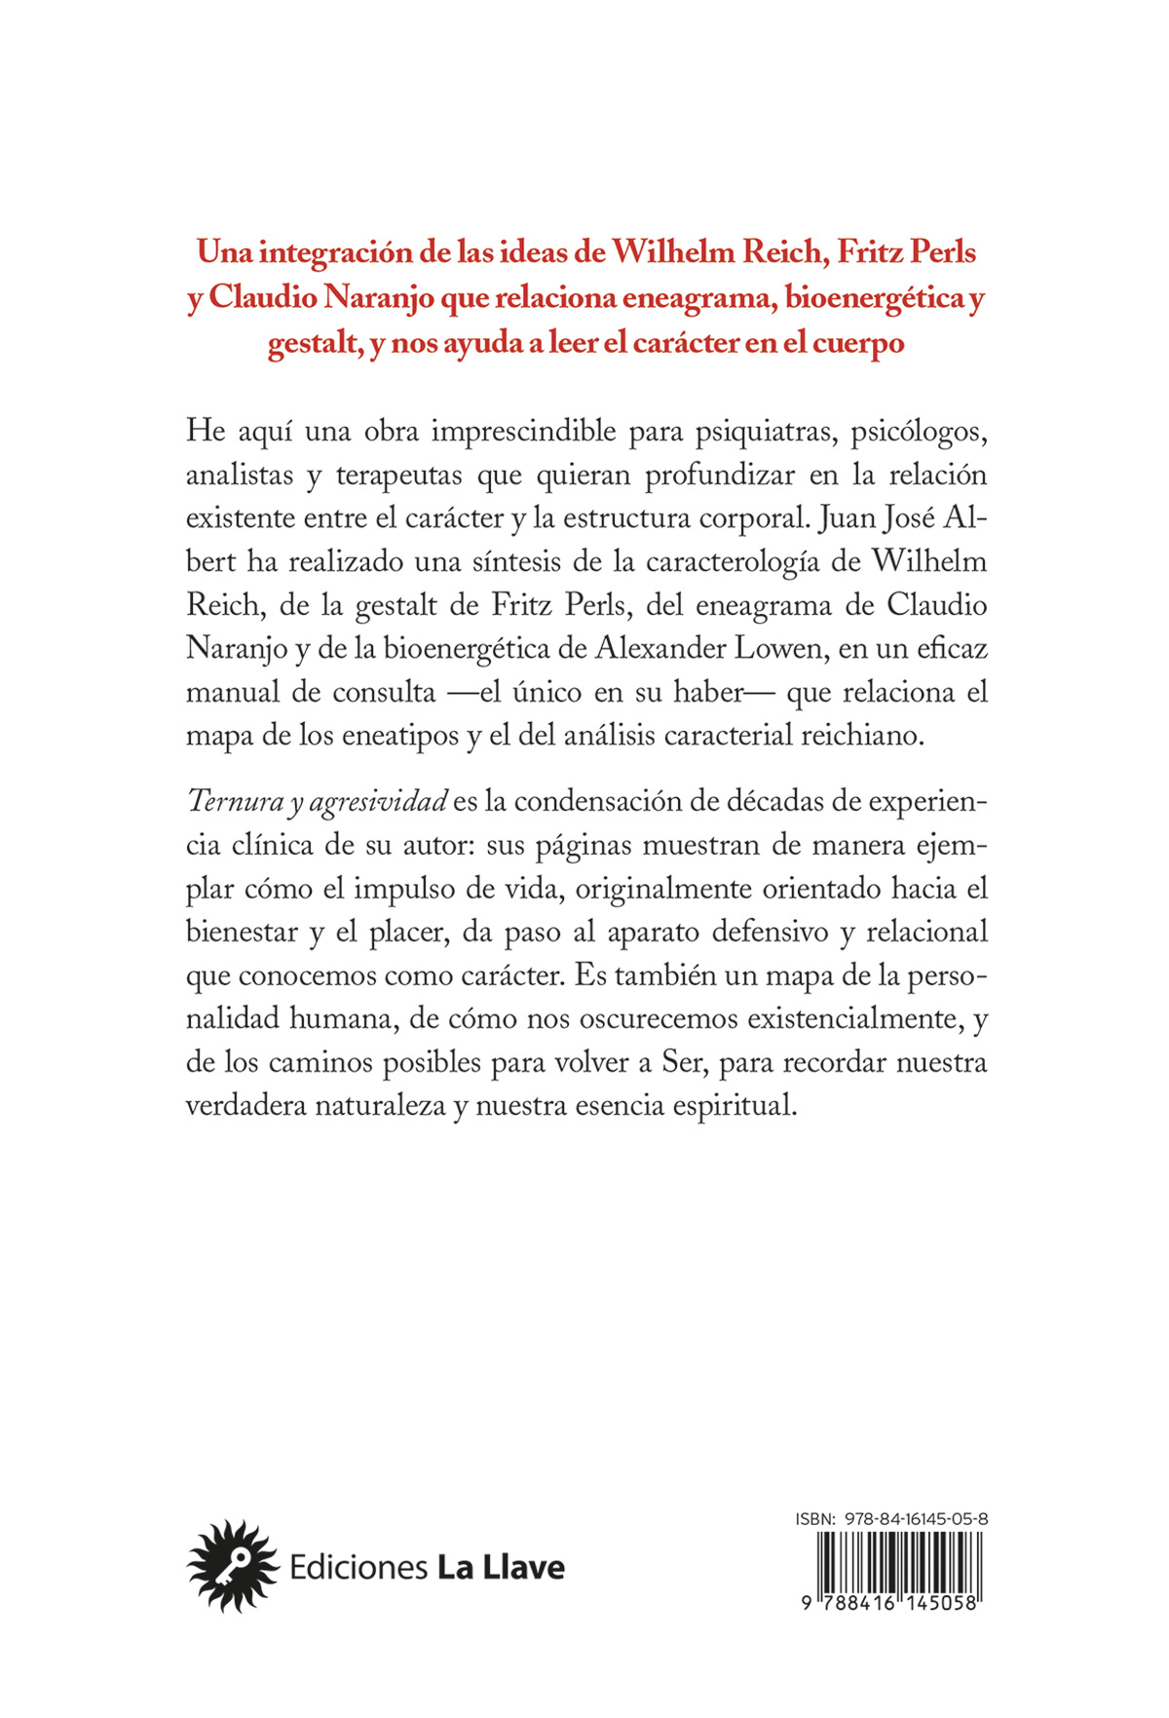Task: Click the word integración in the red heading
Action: pyautogui.click(x=337, y=252)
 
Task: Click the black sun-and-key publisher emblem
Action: pyautogui.click(x=232, y=1567)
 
